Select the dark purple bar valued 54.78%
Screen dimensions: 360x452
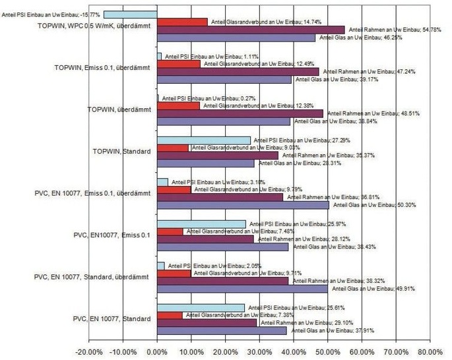click(251, 30)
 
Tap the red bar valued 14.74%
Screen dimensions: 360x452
click(182, 22)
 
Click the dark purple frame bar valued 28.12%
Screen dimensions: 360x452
click(205, 239)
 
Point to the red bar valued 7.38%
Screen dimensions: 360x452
click(170, 315)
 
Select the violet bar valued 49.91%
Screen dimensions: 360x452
click(242, 288)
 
